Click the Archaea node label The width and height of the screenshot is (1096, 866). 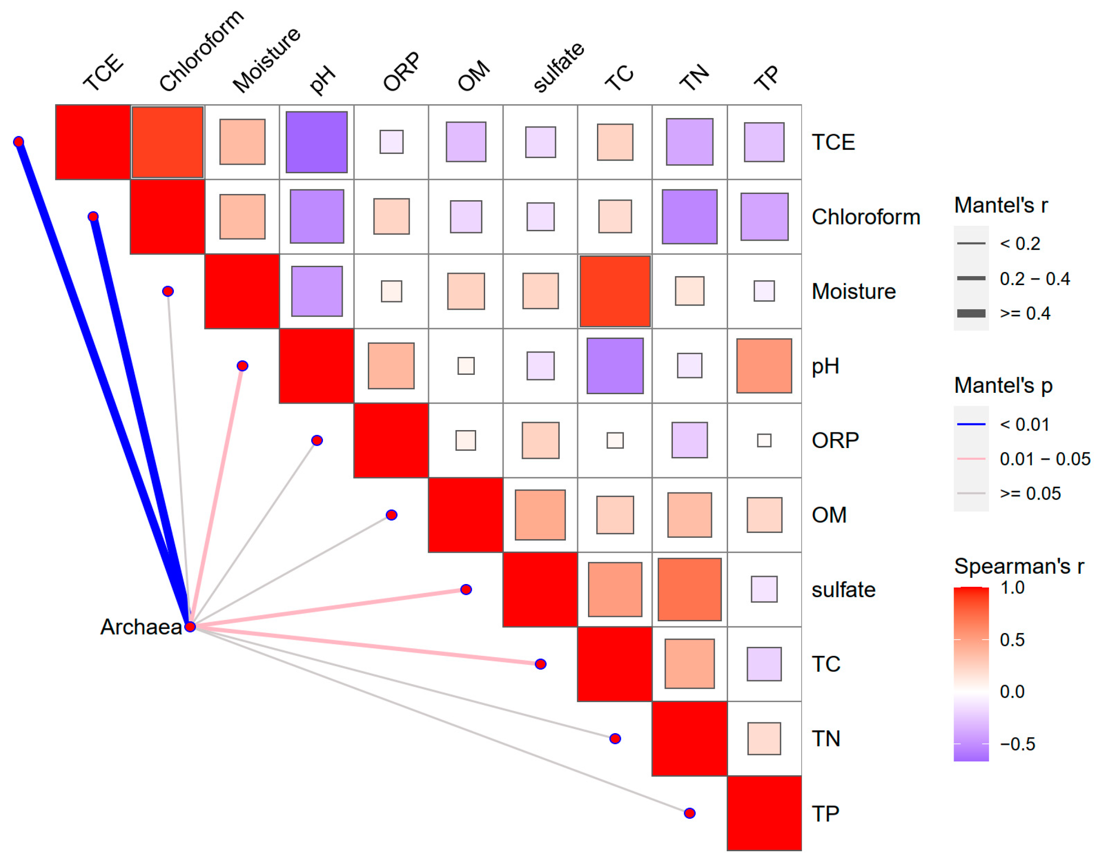coord(141,627)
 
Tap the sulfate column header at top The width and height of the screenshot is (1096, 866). coord(558,68)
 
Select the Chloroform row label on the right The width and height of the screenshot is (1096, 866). coord(865,217)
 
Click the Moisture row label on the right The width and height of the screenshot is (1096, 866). coord(853,291)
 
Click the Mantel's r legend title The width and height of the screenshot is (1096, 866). coord(1000,205)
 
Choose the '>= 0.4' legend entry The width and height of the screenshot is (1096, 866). coord(1025,313)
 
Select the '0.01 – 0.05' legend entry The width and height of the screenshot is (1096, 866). coord(1044,459)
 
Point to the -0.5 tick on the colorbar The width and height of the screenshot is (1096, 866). coord(1017,744)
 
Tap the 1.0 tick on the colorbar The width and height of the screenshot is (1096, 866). coord(1012,588)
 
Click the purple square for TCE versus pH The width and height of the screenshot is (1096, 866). coord(317,142)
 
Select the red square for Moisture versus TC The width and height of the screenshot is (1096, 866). coord(614,291)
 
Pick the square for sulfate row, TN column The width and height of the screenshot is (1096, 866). coord(689,589)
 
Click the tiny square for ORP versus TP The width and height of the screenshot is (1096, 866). coord(764,440)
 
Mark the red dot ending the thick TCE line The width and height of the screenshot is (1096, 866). coord(19,141)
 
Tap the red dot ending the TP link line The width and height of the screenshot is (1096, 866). coord(689,813)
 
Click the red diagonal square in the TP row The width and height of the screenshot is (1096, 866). coord(764,813)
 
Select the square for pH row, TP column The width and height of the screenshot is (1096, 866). coord(764,366)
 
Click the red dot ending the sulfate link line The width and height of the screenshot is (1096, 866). coord(466,589)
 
